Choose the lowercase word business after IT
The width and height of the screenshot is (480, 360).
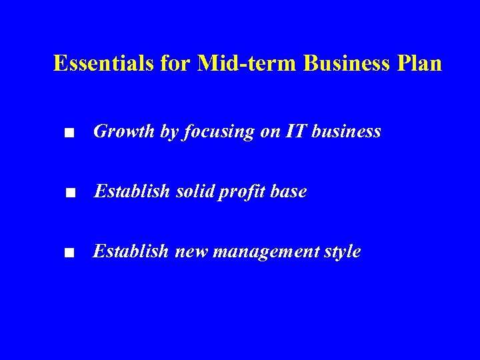pyautogui.click(x=347, y=132)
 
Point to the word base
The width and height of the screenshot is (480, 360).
pyautogui.click(x=289, y=192)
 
